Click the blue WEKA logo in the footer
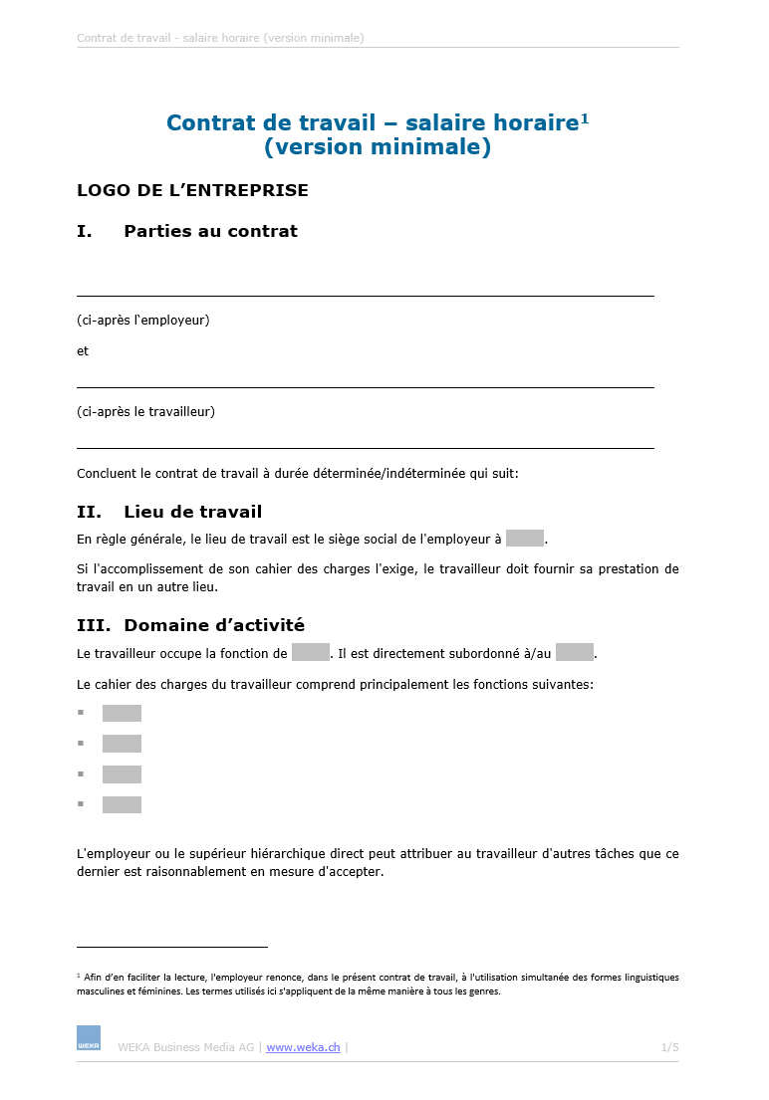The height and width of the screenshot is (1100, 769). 89,1037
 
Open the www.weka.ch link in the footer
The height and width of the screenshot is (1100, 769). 303,1047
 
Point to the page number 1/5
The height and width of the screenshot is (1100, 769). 669,1047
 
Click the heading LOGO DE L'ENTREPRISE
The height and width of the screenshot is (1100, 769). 192,190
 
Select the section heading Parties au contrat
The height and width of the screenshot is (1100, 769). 210,231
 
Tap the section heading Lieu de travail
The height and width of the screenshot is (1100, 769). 192,512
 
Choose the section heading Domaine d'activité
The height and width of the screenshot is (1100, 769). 213,625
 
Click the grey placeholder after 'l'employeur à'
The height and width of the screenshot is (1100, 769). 524,539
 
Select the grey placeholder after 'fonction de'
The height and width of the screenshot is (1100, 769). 311,653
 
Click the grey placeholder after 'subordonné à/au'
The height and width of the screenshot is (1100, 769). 575,653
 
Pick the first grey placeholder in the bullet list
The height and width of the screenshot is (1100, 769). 122,714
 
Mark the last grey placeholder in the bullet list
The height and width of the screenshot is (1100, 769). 122,805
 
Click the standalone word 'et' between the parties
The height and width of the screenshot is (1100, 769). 83,351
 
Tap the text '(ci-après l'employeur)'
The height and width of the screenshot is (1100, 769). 142,321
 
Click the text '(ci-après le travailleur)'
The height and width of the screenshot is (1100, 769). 145,411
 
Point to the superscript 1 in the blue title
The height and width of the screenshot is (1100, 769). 585,118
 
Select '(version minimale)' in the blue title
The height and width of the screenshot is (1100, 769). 378,147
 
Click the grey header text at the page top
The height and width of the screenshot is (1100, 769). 220,38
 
